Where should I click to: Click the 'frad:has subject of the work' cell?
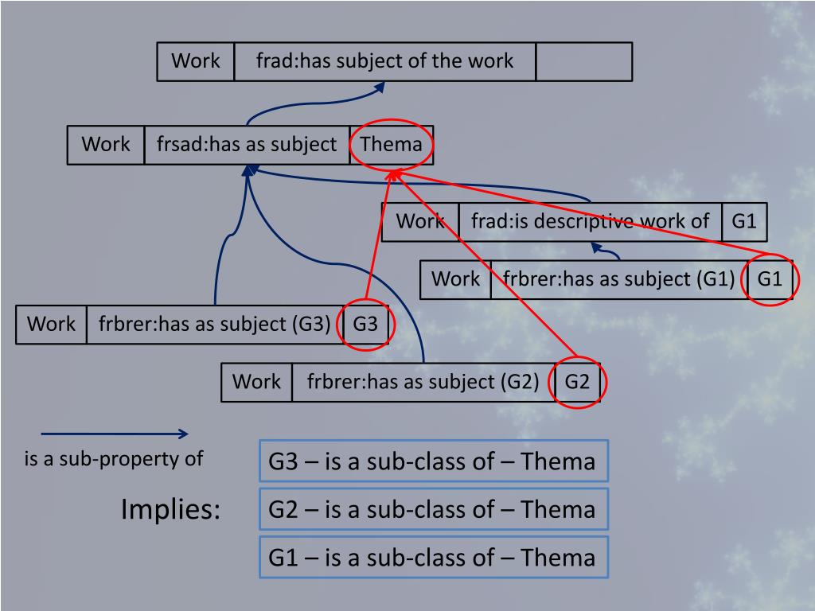384,61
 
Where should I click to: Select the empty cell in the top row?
583,61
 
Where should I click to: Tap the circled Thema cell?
391,145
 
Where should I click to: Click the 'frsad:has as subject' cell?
247,145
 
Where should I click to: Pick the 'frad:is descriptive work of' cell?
590,221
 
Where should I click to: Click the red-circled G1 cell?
770,279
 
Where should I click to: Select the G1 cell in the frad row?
744,221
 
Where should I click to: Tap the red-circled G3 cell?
365,325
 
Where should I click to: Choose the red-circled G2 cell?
577,382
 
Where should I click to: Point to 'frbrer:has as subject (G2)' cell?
423,382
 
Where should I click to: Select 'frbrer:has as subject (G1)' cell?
619,279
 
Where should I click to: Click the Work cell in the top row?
196,61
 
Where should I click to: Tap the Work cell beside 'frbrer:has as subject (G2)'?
256,382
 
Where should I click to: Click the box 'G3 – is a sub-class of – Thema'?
433,461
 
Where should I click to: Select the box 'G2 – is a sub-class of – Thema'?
433,509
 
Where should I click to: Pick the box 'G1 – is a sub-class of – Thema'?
433,557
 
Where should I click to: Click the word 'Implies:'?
171,509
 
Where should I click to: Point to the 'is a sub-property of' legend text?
114,459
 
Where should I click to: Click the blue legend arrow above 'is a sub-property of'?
114,434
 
